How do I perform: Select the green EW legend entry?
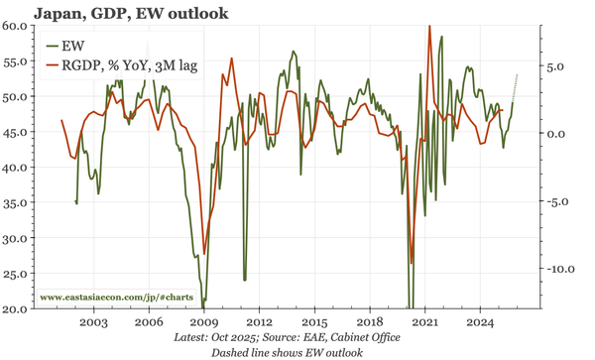[72, 46]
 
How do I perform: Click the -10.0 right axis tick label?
[561, 269]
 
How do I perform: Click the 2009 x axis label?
[203, 323]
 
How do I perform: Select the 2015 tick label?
[314, 323]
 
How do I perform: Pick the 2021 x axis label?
[425, 323]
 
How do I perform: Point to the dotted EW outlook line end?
[517, 75]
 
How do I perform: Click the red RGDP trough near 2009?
[204, 253]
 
